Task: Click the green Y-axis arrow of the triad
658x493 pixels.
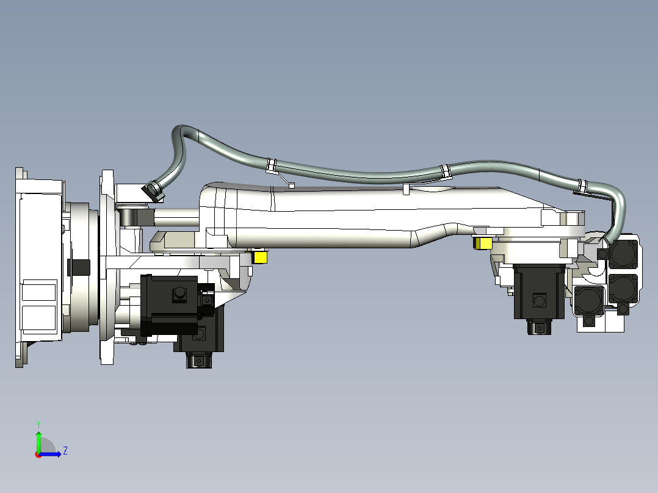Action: [38, 441]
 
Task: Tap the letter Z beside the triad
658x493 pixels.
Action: [65, 451]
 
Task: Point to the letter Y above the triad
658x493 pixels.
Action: [38, 423]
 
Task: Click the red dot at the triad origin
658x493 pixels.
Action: [38, 455]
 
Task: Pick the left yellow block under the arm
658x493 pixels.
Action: [260, 257]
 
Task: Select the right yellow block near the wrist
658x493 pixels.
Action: [483, 243]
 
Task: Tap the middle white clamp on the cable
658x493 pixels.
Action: [445, 171]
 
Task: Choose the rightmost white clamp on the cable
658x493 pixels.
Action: [582, 185]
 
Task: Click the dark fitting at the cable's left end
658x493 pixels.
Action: [152, 190]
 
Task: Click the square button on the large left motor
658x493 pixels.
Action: [179, 294]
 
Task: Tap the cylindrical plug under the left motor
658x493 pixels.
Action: [197, 361]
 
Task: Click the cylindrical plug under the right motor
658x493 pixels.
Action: [538, 328]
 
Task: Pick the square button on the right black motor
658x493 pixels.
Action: [538, 301]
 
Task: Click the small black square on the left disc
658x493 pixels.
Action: [81, 267]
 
